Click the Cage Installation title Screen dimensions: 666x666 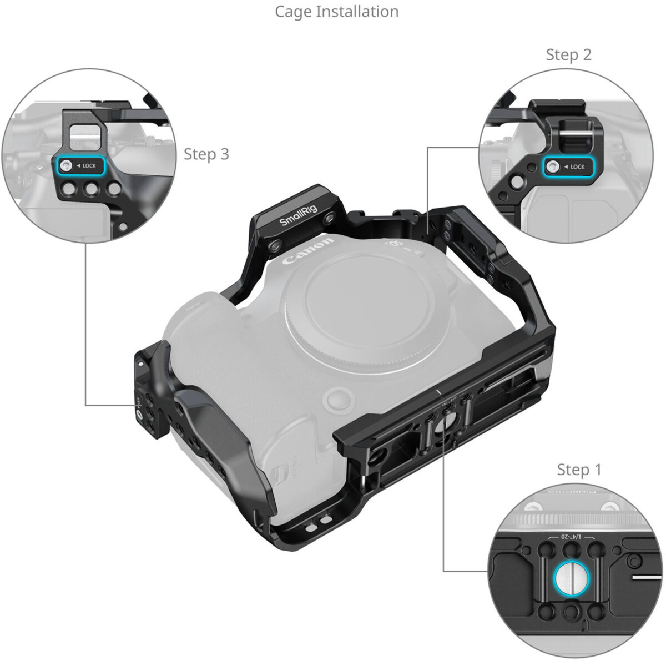(336, 11)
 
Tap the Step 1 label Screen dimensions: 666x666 (579, 470)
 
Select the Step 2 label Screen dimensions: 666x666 (568, 54)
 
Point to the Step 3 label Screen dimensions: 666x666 (206, 154)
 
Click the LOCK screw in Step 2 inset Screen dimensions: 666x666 (553, 167)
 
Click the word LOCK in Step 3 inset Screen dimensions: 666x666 (89, 166)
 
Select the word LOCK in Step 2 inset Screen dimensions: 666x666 (577, 167)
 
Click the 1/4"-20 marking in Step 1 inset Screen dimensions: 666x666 (571, 537)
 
